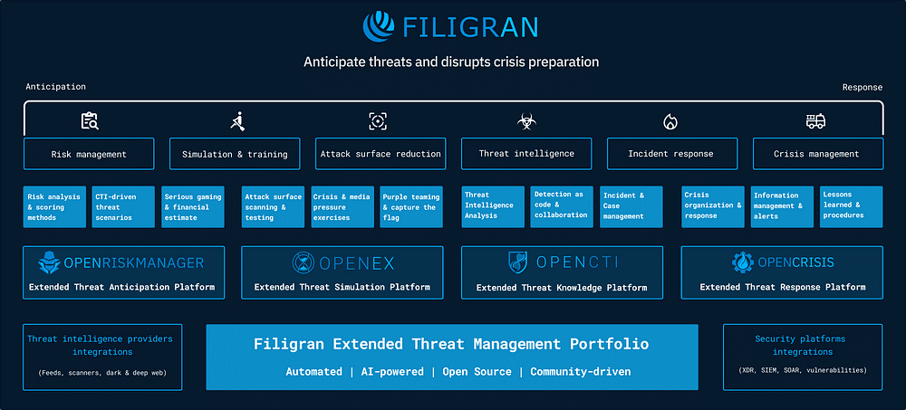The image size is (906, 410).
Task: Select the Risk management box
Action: [x=89, y=154]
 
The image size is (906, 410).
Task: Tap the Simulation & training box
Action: [x=235, y=154]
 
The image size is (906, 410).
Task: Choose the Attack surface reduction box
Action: [x=381, y=154]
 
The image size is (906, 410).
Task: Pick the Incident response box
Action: [x=670, y=154]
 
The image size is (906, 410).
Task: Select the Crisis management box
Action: [x=817, y=154]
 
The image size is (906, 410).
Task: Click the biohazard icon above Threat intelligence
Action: [x=525, y=121]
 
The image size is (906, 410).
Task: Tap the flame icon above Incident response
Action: [x=670, y=121]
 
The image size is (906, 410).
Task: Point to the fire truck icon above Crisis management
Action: [x=816, y=121]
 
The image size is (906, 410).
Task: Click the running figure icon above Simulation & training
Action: [x=237, y=120]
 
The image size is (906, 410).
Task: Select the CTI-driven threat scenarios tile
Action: [x=123, y=206]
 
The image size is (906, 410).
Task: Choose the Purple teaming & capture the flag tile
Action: [x=410, y=206]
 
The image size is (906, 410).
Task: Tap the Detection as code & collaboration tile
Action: [x=559, y=206]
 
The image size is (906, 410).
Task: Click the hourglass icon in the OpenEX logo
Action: [x=304, y=262]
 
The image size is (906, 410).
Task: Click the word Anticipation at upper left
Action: [x=56, y=87]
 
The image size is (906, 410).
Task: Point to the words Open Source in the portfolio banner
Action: [x=477, y=372]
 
